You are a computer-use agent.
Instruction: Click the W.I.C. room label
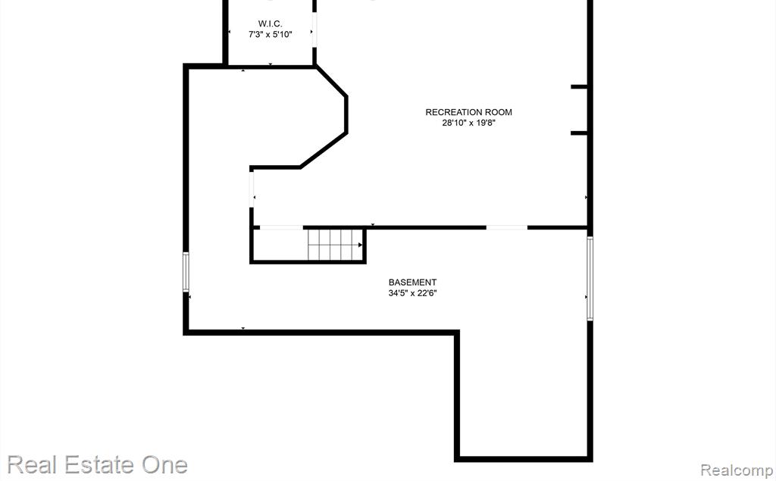pyautogui.click(x=271, y=23)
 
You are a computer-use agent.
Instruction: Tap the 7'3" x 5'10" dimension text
pyautogui.click(x=271, y=35)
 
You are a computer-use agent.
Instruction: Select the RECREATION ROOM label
pyautogui.click(x=468, y=112)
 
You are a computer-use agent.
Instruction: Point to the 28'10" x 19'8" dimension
pyautogui.click(x=468, y=123)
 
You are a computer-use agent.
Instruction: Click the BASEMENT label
pyautogui.click(x=412, y=283)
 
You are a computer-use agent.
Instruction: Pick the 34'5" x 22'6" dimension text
pyautogui.click(x=412, y=293)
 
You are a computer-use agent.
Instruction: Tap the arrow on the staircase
pyautogui.click(x=360, y=245)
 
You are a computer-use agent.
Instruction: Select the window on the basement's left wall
pyautogui.click(x=186, y=272)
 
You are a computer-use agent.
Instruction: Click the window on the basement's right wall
pyautogui.click(x=590, y=279)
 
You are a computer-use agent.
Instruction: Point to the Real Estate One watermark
pyautogui.click(x=97, y=464)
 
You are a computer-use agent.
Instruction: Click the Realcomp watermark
pyautogui.click(x=737, y=470)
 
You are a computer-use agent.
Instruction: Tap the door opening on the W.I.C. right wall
pyautogui.click(x=314, y=30)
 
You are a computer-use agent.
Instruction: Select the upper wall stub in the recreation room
pyautogui.click(x=579, y=86)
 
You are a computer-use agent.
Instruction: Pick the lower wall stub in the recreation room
pyautogui.click(x=579, y=133)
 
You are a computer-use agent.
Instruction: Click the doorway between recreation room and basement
pyautogui.click(x=507, y=228)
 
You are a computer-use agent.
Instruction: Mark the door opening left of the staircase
pyautogui.click(x=281, y=228)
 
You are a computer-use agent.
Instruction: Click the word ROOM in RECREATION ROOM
pyautogui.click(x=498, y=112)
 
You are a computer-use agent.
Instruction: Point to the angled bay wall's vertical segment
pyautogui.click(x=346, y=114)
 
